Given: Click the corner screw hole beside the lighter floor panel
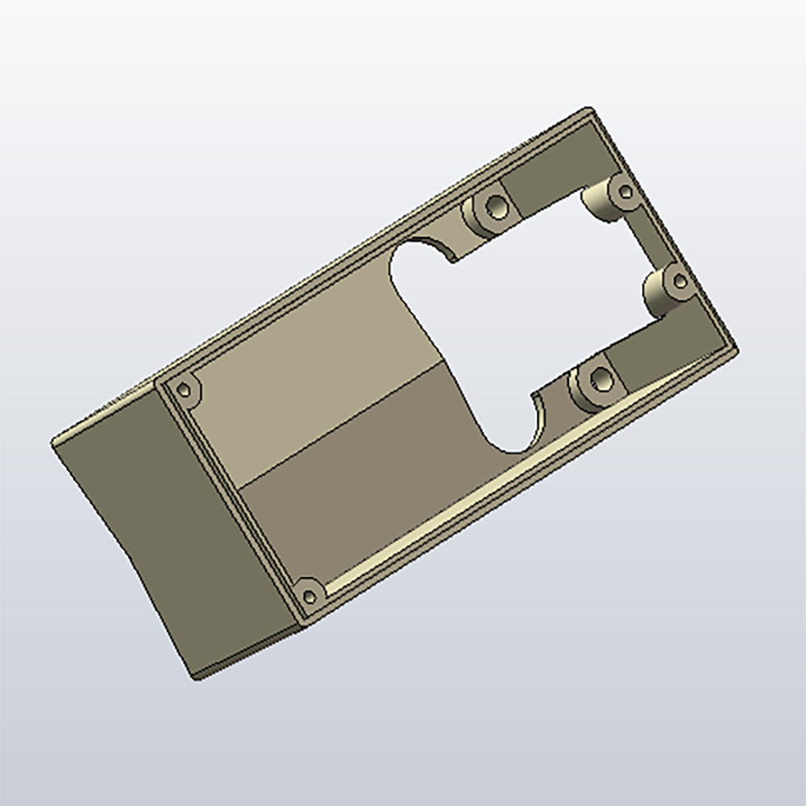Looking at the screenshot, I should [x=187, y=389].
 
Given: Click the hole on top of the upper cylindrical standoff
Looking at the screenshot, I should [x=623, y=191].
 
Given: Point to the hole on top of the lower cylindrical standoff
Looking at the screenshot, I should [x=679, y=281].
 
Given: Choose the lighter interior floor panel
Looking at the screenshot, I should [x=314, y=379].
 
